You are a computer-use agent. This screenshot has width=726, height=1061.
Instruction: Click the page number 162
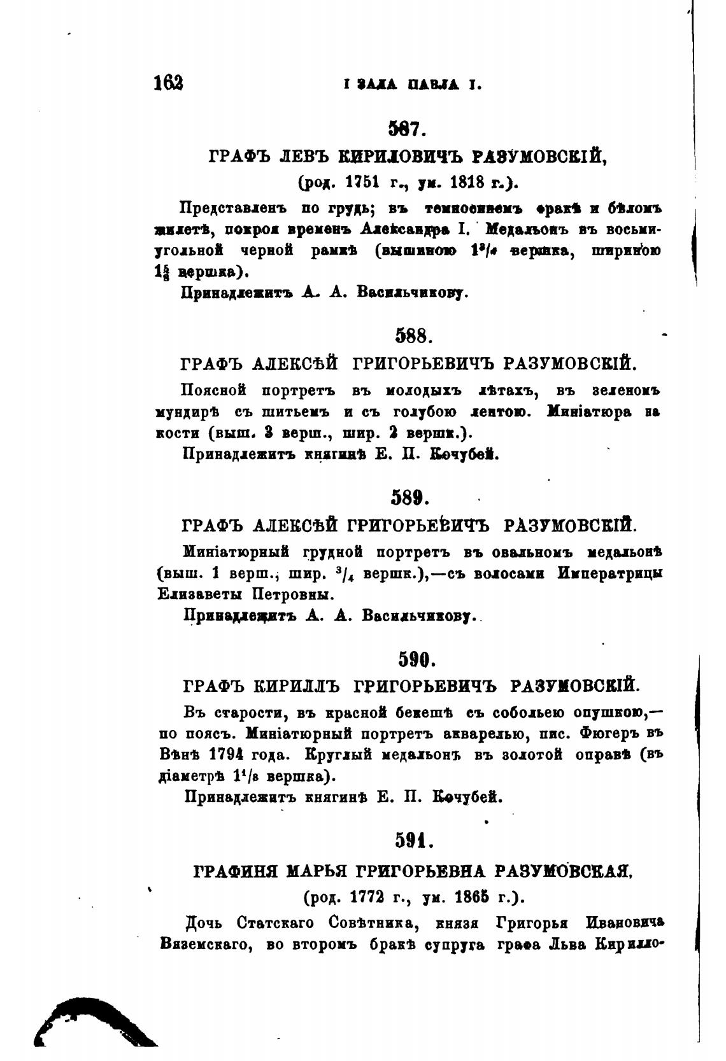click(168, 83)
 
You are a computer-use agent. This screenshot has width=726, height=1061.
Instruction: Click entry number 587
click(405, 130)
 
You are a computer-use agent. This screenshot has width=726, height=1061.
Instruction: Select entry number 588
click(415, 336)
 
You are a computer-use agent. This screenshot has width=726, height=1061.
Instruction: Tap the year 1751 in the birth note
click(362, 182)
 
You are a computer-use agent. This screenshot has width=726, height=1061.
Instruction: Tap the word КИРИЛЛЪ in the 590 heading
click(294, 686)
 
